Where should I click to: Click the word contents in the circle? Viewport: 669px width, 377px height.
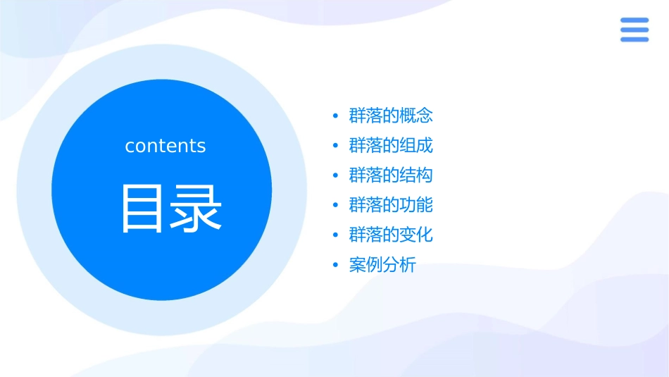tap(165, 146)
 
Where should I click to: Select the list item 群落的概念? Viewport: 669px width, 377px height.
tap(391, 116)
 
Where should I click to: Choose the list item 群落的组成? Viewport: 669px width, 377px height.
tap(391, 146)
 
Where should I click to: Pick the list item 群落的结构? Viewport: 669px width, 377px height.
tap(391, 175)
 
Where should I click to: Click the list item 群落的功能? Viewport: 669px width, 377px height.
tap(391, 205)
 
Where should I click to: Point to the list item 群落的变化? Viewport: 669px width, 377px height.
tap(391, 235)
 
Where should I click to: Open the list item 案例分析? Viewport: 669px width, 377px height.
tap(382, 265)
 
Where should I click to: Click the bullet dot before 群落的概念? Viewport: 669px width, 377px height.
tap(335, 116)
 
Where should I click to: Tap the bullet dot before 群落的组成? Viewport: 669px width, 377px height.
tap(335, 147)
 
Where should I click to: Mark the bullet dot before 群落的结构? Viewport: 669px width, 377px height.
tap(335, 176)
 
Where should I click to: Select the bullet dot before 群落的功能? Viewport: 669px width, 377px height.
tap(335, 206)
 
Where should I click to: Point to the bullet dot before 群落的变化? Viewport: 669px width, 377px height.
tap(335, 235)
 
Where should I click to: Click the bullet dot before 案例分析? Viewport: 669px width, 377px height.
tap(335, 266)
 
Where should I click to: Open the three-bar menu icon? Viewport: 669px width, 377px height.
tap(634, 30)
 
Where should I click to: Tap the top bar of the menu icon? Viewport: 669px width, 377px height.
tap(634, 20)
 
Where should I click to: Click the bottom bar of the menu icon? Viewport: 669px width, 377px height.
tap(634, 39)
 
